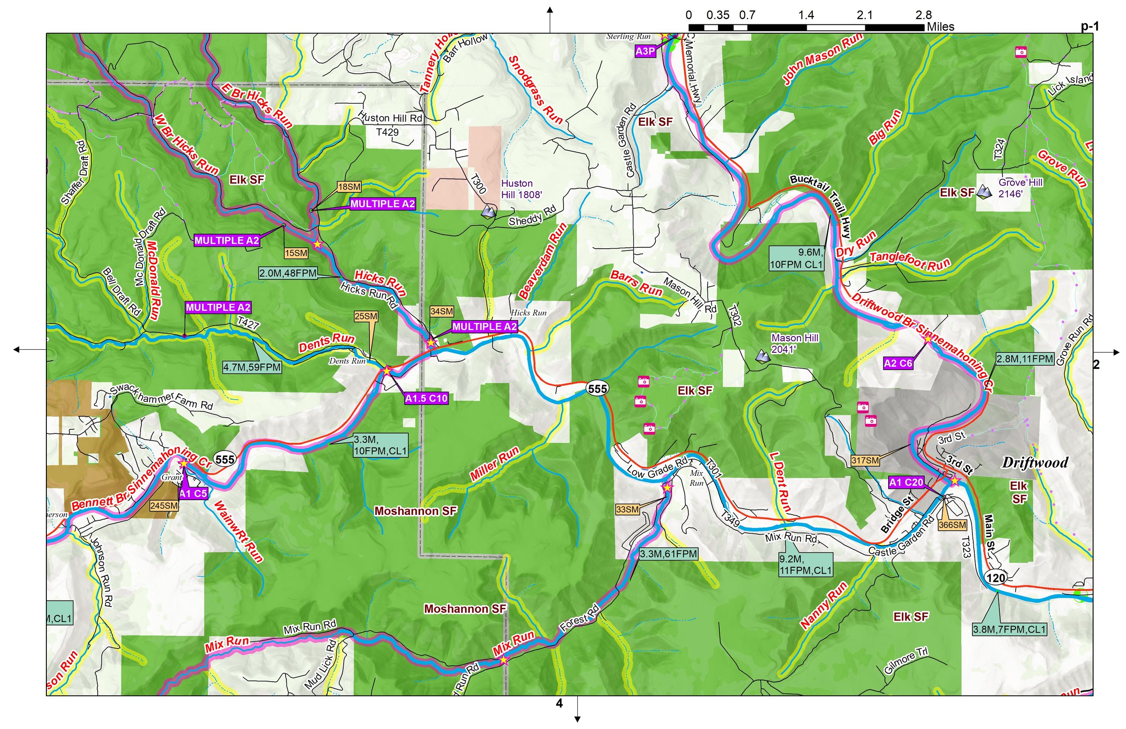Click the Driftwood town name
(x=1035, y=462)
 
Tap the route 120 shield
(x=995, y=578)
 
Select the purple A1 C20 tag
(x=906, y=483)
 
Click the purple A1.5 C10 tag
(x=426, y=399)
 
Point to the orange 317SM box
(x=865, y=460)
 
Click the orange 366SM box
(x=952, y=525)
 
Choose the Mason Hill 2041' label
(x=795, y=343)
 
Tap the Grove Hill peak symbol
(x=984, y=192)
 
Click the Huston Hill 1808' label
(x=521, y=188)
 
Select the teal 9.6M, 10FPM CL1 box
(x=797, y=259)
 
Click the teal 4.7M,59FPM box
(x=252, y=367)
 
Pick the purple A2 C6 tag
(x=898, y=364)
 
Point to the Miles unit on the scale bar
(x=940, y=27)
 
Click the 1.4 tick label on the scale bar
(x=806, y=15)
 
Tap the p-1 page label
(x=1090, y=27)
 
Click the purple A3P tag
(x=645, y=51)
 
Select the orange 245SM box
(x=163, y=506)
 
